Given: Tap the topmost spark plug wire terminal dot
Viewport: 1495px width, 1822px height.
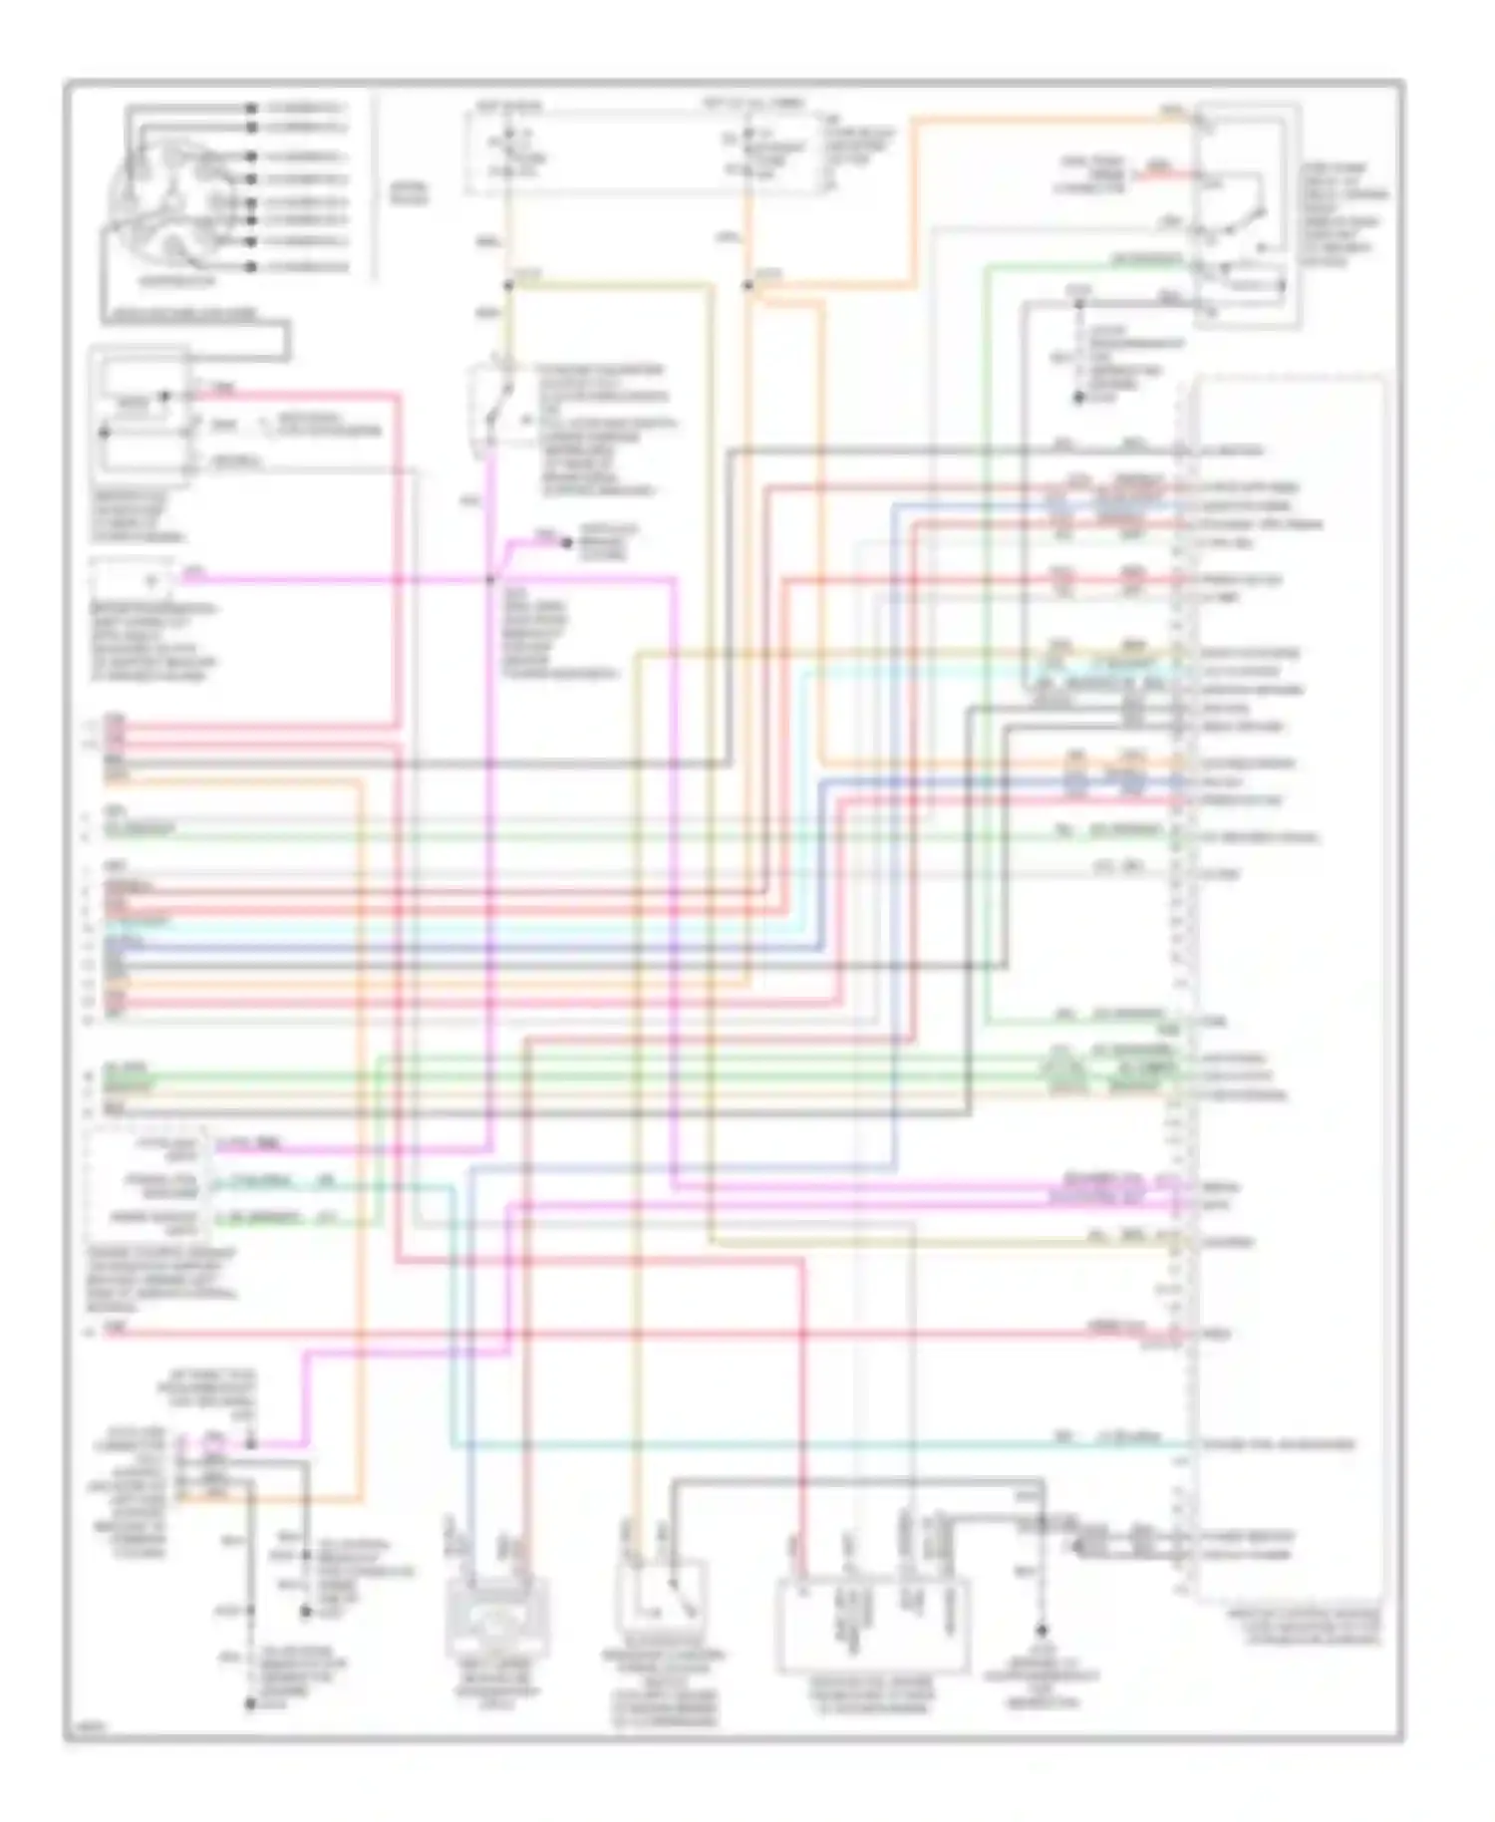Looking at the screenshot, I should tap(253, 107).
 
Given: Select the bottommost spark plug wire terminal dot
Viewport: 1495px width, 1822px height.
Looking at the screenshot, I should tap(253, 267).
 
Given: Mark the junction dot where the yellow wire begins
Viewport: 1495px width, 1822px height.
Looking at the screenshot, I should tap(507, 286).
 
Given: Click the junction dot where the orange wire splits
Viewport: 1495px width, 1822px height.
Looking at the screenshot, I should tap(747, 286).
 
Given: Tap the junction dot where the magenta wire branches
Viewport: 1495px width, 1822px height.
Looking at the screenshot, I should tap(490, 579).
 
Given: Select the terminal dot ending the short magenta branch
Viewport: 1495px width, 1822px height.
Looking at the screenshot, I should tap(566, 542).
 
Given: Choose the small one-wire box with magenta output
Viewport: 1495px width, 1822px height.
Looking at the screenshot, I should tap(130, 580).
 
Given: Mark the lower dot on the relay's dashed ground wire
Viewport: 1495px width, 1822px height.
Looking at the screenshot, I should tap(1078, 398).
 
